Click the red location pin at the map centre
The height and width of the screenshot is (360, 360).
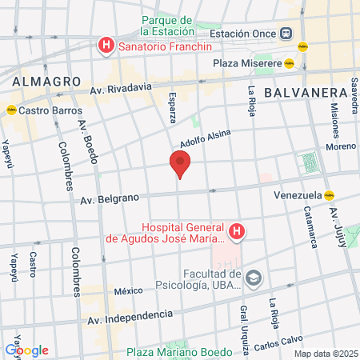point(180,164)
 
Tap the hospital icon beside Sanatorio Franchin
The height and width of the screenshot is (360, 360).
point(106,46)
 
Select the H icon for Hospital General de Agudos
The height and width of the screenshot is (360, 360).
point(237,233)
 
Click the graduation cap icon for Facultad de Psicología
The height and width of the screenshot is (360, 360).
point(254,278)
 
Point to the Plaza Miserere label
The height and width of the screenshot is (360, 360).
point(246,63)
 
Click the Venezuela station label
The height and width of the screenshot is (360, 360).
point(297,194)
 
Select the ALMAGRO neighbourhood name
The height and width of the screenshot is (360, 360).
point(46,82)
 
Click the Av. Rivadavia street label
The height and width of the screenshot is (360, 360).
point(120,90)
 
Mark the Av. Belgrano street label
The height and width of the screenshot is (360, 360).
point(109,198)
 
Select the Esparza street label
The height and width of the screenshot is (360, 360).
point(172,111)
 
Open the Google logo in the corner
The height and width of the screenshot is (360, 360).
point(26,350)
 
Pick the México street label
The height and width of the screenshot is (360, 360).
point(127,291)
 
